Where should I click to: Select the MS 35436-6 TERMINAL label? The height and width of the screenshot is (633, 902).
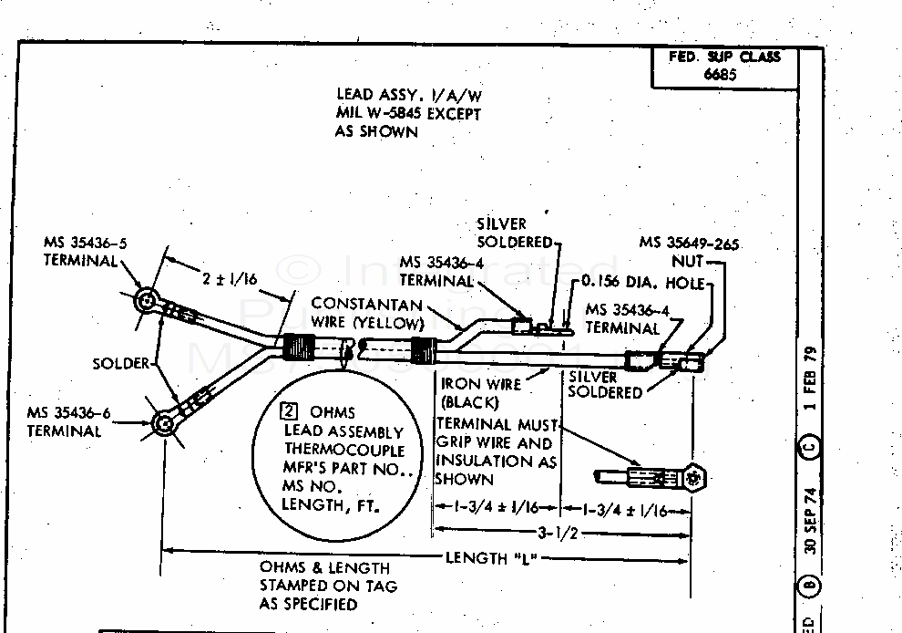69,421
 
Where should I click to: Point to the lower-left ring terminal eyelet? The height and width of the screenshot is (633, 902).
162,421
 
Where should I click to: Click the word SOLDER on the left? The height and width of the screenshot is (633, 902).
120,363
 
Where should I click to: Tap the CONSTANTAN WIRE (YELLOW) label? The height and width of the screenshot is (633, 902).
368,312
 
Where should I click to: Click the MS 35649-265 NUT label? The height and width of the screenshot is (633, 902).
689,252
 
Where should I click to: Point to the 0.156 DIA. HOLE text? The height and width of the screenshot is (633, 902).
644,284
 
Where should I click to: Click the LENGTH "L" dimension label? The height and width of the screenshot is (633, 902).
487,557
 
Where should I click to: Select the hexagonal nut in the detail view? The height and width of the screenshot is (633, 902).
695,476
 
